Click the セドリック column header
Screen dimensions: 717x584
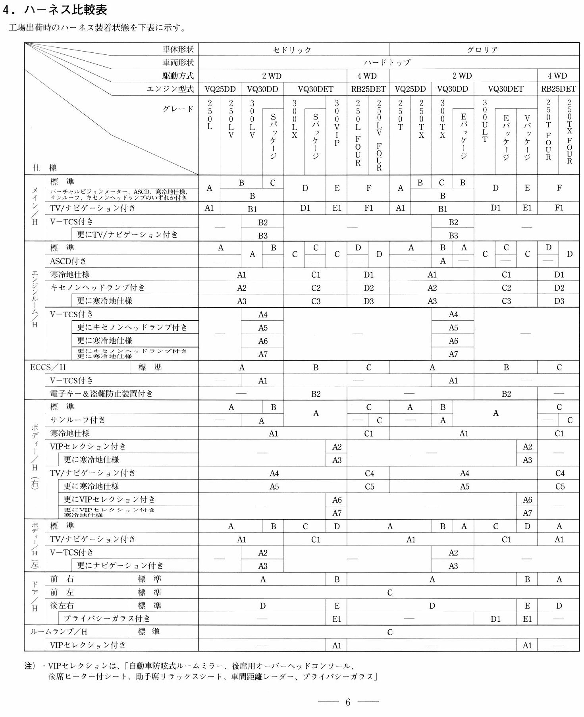pyautogui.click(x=292, y=50)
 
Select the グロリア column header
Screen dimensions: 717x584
pyautogui.click(x=482, y=50)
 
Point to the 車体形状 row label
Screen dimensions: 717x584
pyautogui.click(x=178, y=49)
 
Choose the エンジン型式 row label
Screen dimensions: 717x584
pyautogui.click(x=170, y=89)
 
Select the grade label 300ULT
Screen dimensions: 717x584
pyautogui.click(x=484, y=121)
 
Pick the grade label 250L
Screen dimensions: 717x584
pyautogui.click(x=210, y=115)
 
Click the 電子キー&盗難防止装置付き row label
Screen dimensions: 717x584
pyautogui.click(x=101, y=393)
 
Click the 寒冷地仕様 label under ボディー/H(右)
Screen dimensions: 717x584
pyautogui.click(x=70, y=433)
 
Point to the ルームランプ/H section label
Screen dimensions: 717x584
pyautogui.click(x=58, y=632)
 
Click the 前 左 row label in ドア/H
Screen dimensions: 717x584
pyautogui.click(x=62, y=592)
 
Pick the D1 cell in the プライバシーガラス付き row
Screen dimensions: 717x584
pyautogui.click(x=495, y=619)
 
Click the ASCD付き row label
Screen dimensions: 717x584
pyautogui.click(x=68, y=261)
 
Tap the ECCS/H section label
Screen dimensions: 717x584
pyautogui.click(x=48, y=367)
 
